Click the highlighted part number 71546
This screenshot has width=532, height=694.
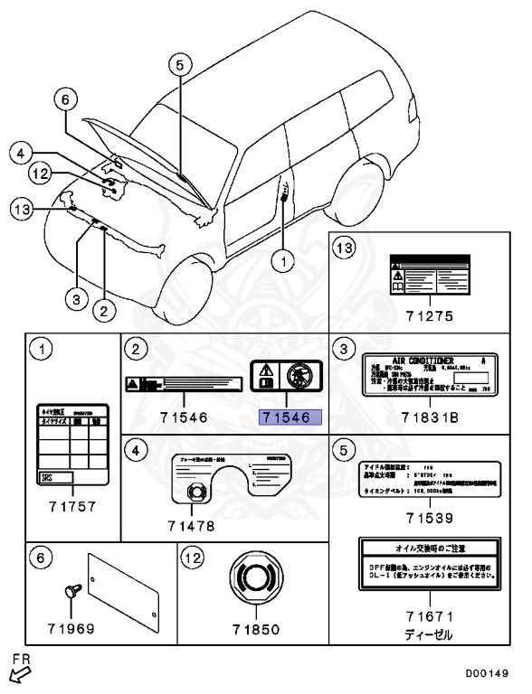(285, 417)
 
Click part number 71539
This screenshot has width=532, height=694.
(430, 518)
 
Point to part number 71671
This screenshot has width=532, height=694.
(430, 616)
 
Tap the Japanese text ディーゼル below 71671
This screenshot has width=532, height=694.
(430, 635)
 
